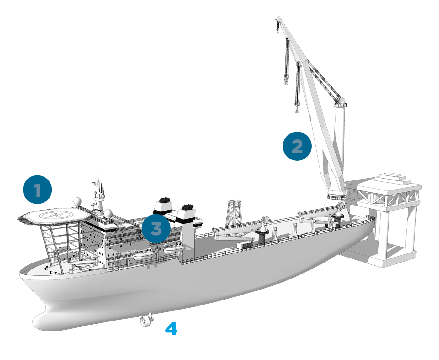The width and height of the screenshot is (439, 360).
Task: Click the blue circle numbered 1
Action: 37,190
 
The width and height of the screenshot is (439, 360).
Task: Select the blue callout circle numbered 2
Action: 297,146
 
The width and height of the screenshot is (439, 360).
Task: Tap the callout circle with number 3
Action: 156,228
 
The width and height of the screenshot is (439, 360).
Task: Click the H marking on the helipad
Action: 56,215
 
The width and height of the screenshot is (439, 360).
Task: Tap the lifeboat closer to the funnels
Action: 174,249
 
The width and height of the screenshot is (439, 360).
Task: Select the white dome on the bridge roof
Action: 108,214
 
